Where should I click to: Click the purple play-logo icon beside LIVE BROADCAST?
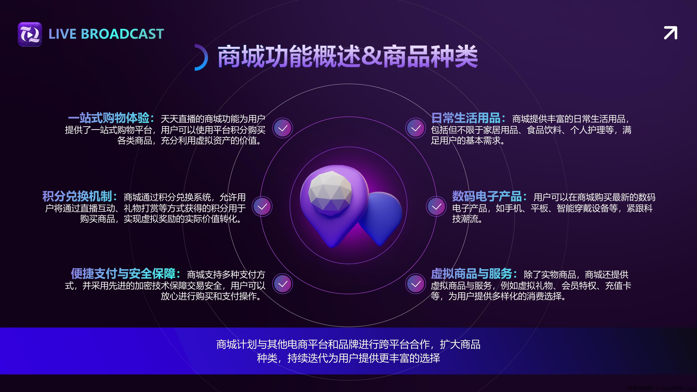point(30,34)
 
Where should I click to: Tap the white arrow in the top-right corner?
point(670,33)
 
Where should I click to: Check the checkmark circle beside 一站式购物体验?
point(282,128)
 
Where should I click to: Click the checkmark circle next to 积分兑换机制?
point(262,206)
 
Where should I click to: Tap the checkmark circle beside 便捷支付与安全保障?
point(282,284)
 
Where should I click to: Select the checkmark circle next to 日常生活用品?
point(416,128)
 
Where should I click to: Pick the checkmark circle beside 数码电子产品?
point(436,206)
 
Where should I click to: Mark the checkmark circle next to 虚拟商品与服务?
point(416,284)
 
